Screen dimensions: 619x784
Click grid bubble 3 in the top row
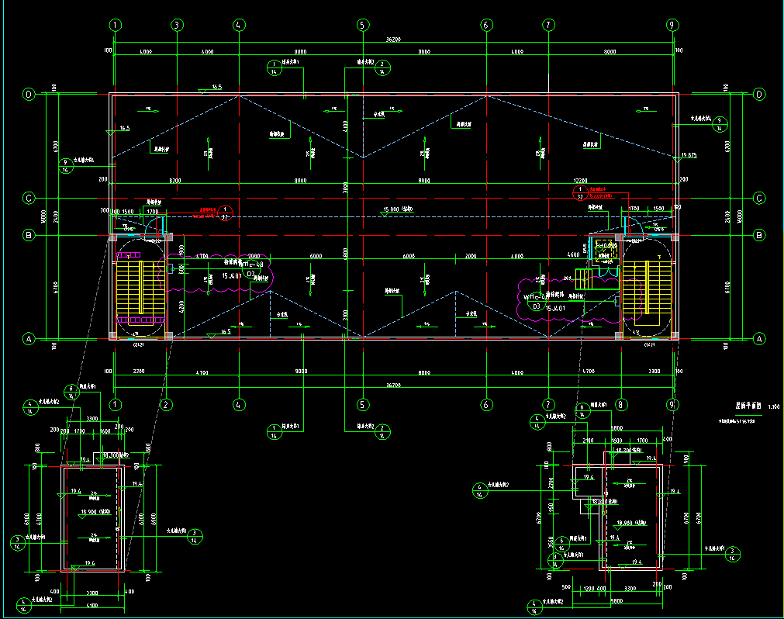click(x=177, y=25)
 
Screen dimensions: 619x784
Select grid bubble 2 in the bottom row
click(x=166, y=404)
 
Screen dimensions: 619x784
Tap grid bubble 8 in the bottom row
click(x=620, y=404)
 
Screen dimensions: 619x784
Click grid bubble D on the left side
click(x=29, y=95)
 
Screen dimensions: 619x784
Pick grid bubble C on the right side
click(x=759, y=198)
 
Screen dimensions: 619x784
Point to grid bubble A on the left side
click(x=29, y=339)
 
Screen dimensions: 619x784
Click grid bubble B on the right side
click(x=759, y=234)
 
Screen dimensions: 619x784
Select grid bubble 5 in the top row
click(x=362, y=25)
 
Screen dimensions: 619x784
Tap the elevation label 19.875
click(x=688, y=156)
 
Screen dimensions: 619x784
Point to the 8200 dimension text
click(x=176, y=180)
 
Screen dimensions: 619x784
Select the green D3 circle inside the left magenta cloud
click(x=250, y=274)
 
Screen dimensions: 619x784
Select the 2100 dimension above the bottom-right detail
click(x=589, y=440)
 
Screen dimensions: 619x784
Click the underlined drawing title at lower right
click(x=745, y=405)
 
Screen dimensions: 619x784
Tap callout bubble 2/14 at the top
click(x=382, y=67)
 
